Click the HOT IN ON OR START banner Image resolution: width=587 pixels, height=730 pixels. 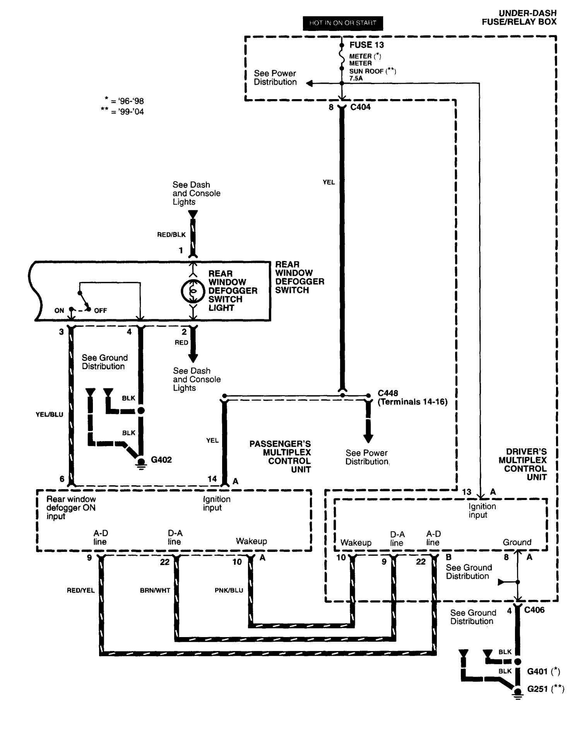click(x=342, y=23)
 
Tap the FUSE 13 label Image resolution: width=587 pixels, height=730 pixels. click(x=366, y=45)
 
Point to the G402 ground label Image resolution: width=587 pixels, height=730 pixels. click(x=161, y=460)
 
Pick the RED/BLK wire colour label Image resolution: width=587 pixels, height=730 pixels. click(x=171, y=235)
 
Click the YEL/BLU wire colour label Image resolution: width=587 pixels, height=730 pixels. click(x=50, y=414)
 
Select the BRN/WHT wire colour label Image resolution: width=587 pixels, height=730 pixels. click(x=155, y=591)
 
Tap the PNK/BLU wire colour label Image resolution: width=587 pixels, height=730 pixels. click(x=229, y=590)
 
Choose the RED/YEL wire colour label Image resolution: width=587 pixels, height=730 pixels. click(x=80, y=591)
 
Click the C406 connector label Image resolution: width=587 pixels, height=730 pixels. click(x=534, y=610)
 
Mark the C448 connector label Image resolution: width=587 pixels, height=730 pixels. click(x=388, y=393)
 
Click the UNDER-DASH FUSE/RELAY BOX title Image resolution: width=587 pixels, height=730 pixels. click(x=519, y=18)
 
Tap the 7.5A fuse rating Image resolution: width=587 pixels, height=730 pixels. click(x=356, y=78)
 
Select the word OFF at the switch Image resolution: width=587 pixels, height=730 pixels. click(x=100, y=311)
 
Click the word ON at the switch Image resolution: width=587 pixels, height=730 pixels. click(x=59, y=311)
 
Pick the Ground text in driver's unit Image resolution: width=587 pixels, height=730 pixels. click(x=517, y=542)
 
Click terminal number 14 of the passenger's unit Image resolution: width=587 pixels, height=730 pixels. click(x=212, y=479)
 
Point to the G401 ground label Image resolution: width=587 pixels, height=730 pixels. click(x=537, y=671)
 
